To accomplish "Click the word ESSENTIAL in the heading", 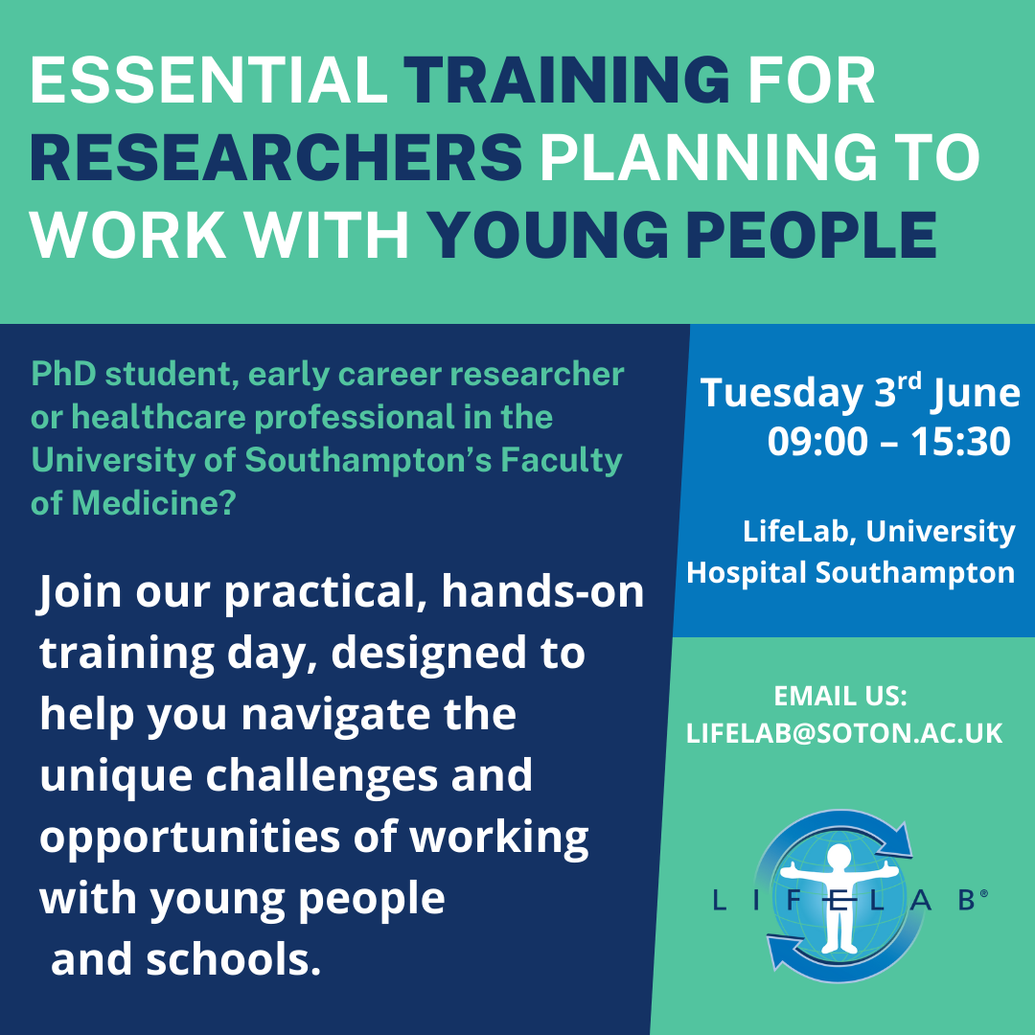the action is coord(208,80).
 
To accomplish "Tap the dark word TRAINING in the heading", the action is coord(566,80).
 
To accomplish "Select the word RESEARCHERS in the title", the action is coord(276,158).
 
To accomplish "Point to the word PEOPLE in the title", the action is coord(812,235).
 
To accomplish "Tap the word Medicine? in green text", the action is coord(153,504).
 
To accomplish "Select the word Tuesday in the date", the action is coord(782,394).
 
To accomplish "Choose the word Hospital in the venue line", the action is coord(747,572).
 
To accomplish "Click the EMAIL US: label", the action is coord(840,696).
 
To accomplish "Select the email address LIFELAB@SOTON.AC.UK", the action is coord(844,733).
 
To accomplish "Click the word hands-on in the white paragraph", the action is coord(542,591).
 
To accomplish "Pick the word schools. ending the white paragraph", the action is coord(233,959).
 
